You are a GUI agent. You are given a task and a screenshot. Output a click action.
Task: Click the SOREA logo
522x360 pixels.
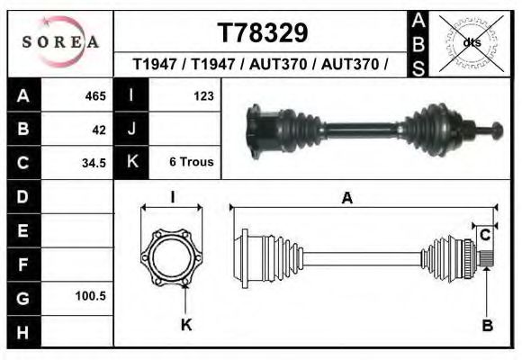coord(59,42)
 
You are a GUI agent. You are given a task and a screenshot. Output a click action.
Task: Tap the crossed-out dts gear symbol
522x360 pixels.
coord(472,42)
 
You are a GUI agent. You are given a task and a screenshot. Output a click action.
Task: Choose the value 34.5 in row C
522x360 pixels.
coord(94,163)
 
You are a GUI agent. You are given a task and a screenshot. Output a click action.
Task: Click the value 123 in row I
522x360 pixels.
coord(202,96)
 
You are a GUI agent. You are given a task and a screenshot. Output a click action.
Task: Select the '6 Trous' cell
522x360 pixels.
coord(192,163)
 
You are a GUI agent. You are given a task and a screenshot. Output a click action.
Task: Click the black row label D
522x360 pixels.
coord(23,196)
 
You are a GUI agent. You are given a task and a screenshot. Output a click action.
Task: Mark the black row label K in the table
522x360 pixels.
coord(132,163)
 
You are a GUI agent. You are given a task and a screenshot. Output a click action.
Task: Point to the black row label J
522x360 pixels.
coord(132,130)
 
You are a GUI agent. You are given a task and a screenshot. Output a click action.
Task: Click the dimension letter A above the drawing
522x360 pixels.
coord(347,200)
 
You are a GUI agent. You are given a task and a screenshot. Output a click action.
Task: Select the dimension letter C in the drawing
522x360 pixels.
coord(484,236)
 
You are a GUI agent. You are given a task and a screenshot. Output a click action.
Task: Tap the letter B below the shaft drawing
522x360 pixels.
coord(487,327)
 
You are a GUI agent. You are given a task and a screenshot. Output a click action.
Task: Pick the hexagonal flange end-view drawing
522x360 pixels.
coord(171,256)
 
